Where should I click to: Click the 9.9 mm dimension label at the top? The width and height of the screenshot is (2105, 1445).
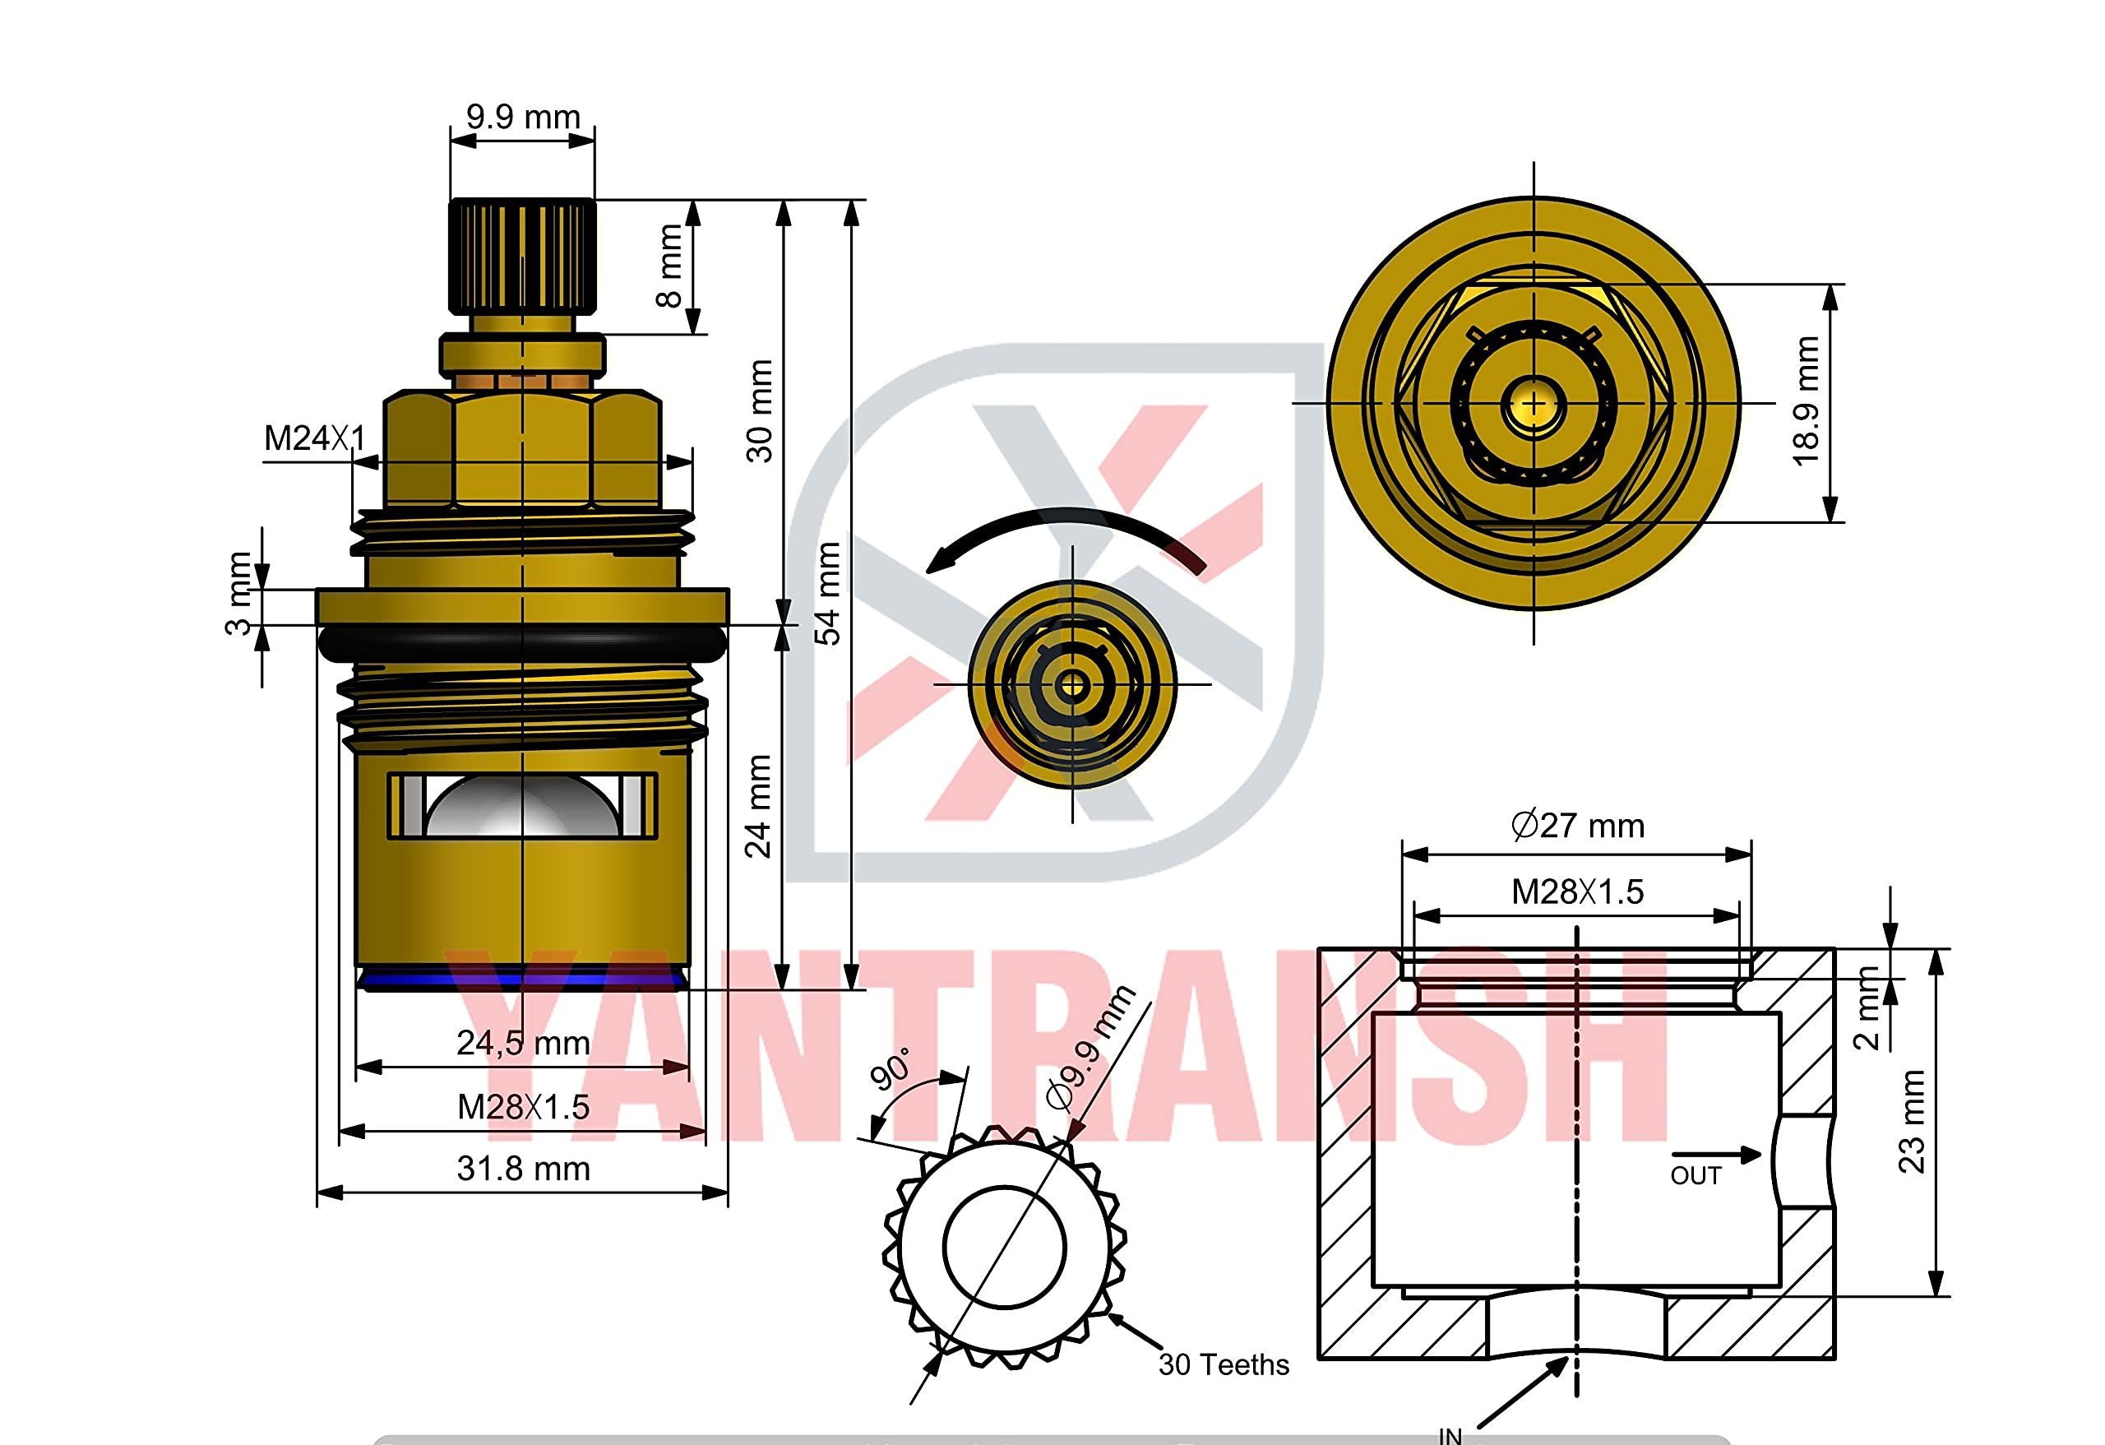(x=523, y=117)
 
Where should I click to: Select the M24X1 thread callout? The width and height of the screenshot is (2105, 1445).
(x=314, y=438)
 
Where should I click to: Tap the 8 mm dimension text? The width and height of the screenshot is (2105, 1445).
(x=669, y=266)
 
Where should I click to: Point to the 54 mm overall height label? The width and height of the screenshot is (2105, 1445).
(x=827, y=594)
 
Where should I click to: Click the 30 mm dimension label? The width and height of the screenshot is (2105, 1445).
(x=759, y=411)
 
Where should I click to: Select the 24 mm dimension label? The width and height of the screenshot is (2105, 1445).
(x=757, y=806)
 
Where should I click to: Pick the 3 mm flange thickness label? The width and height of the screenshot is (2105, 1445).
(x=238, y=594)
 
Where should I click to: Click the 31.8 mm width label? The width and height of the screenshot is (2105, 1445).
(x=523, y=1169)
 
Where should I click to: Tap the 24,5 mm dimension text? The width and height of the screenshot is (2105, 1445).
(x=523, y=1043)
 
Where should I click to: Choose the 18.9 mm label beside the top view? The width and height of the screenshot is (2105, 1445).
(x=1805, y=401)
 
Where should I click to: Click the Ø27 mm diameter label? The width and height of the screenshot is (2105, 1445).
(x=1577, y=826)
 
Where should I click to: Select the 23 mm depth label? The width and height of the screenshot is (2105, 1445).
(x=1911, y=1122)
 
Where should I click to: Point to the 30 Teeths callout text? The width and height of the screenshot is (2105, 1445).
(x=1223, y=1364)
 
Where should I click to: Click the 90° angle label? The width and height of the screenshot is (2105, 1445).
(x=891, y=1069)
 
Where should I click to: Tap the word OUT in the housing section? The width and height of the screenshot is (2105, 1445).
(x=1696, y=1175)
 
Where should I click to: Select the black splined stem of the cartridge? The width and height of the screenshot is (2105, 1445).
(x=523, y=253)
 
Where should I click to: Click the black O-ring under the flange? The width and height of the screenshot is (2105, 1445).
(x=523, y=642)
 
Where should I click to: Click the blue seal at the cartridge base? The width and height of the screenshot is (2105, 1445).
(x=523, y=979)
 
